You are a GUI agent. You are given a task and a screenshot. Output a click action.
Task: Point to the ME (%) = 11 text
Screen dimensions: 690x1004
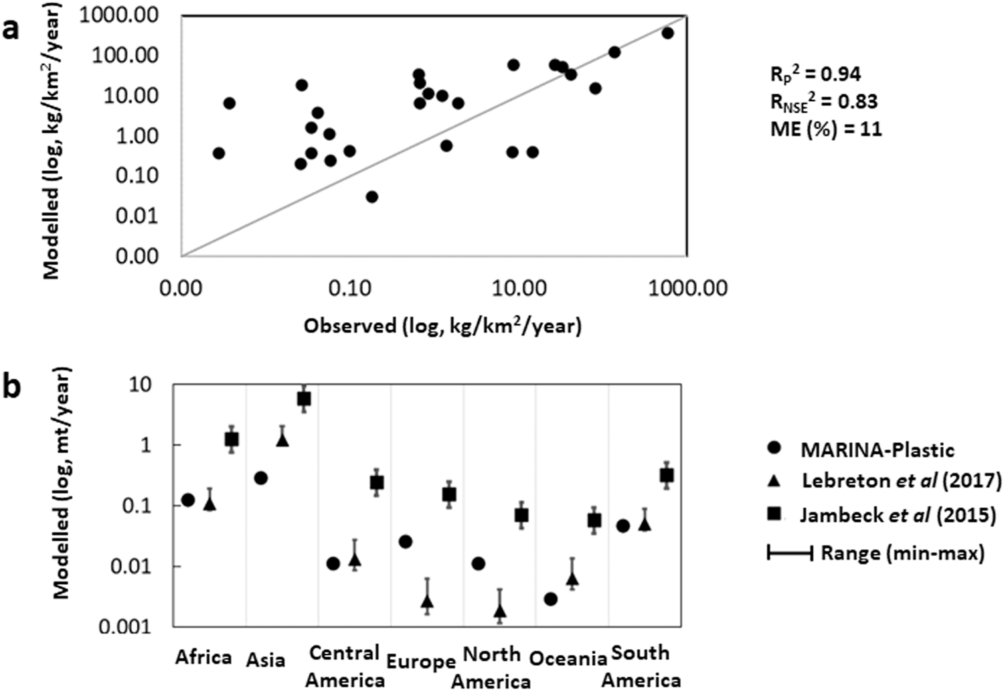pyautogui.click(x=826, y=128)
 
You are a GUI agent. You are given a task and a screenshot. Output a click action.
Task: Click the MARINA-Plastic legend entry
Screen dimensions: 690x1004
pyautogui.click(x=877, y=450)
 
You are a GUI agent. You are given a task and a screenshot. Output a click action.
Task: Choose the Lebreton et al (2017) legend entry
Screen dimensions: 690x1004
pyautogui.click(x=901, y=481)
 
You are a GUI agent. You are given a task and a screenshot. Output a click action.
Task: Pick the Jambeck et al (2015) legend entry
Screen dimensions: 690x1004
pyautogui.click(x=898, y=514)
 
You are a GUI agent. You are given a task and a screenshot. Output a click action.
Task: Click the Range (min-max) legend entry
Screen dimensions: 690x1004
pyautogui.click(x=902, y=553)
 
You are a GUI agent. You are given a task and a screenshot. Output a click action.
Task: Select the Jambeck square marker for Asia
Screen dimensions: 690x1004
pyautogui.click(x=304, y=399)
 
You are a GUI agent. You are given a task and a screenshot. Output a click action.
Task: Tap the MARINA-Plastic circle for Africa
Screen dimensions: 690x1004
pyautogui.click(x=188, y=500)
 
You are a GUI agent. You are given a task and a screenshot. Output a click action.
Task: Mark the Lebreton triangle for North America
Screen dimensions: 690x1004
pyautogui.click(x=500, y=610)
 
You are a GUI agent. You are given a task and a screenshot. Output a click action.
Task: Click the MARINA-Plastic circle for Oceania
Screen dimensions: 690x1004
pyautogui.click(x=550, y=599)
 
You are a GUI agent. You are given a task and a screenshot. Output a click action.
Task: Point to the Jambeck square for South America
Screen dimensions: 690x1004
pyautogui.click(x=666, y=476)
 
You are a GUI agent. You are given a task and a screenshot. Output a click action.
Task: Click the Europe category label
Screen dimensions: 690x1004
pyautogui.click(x=421, y=662)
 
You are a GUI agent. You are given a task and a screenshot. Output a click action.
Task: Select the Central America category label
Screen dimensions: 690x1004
pyautogui.click(x=345, y=667)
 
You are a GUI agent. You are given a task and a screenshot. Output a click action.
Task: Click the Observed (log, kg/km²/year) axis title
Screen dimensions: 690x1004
pyautogui.click(x=442, y=326)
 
